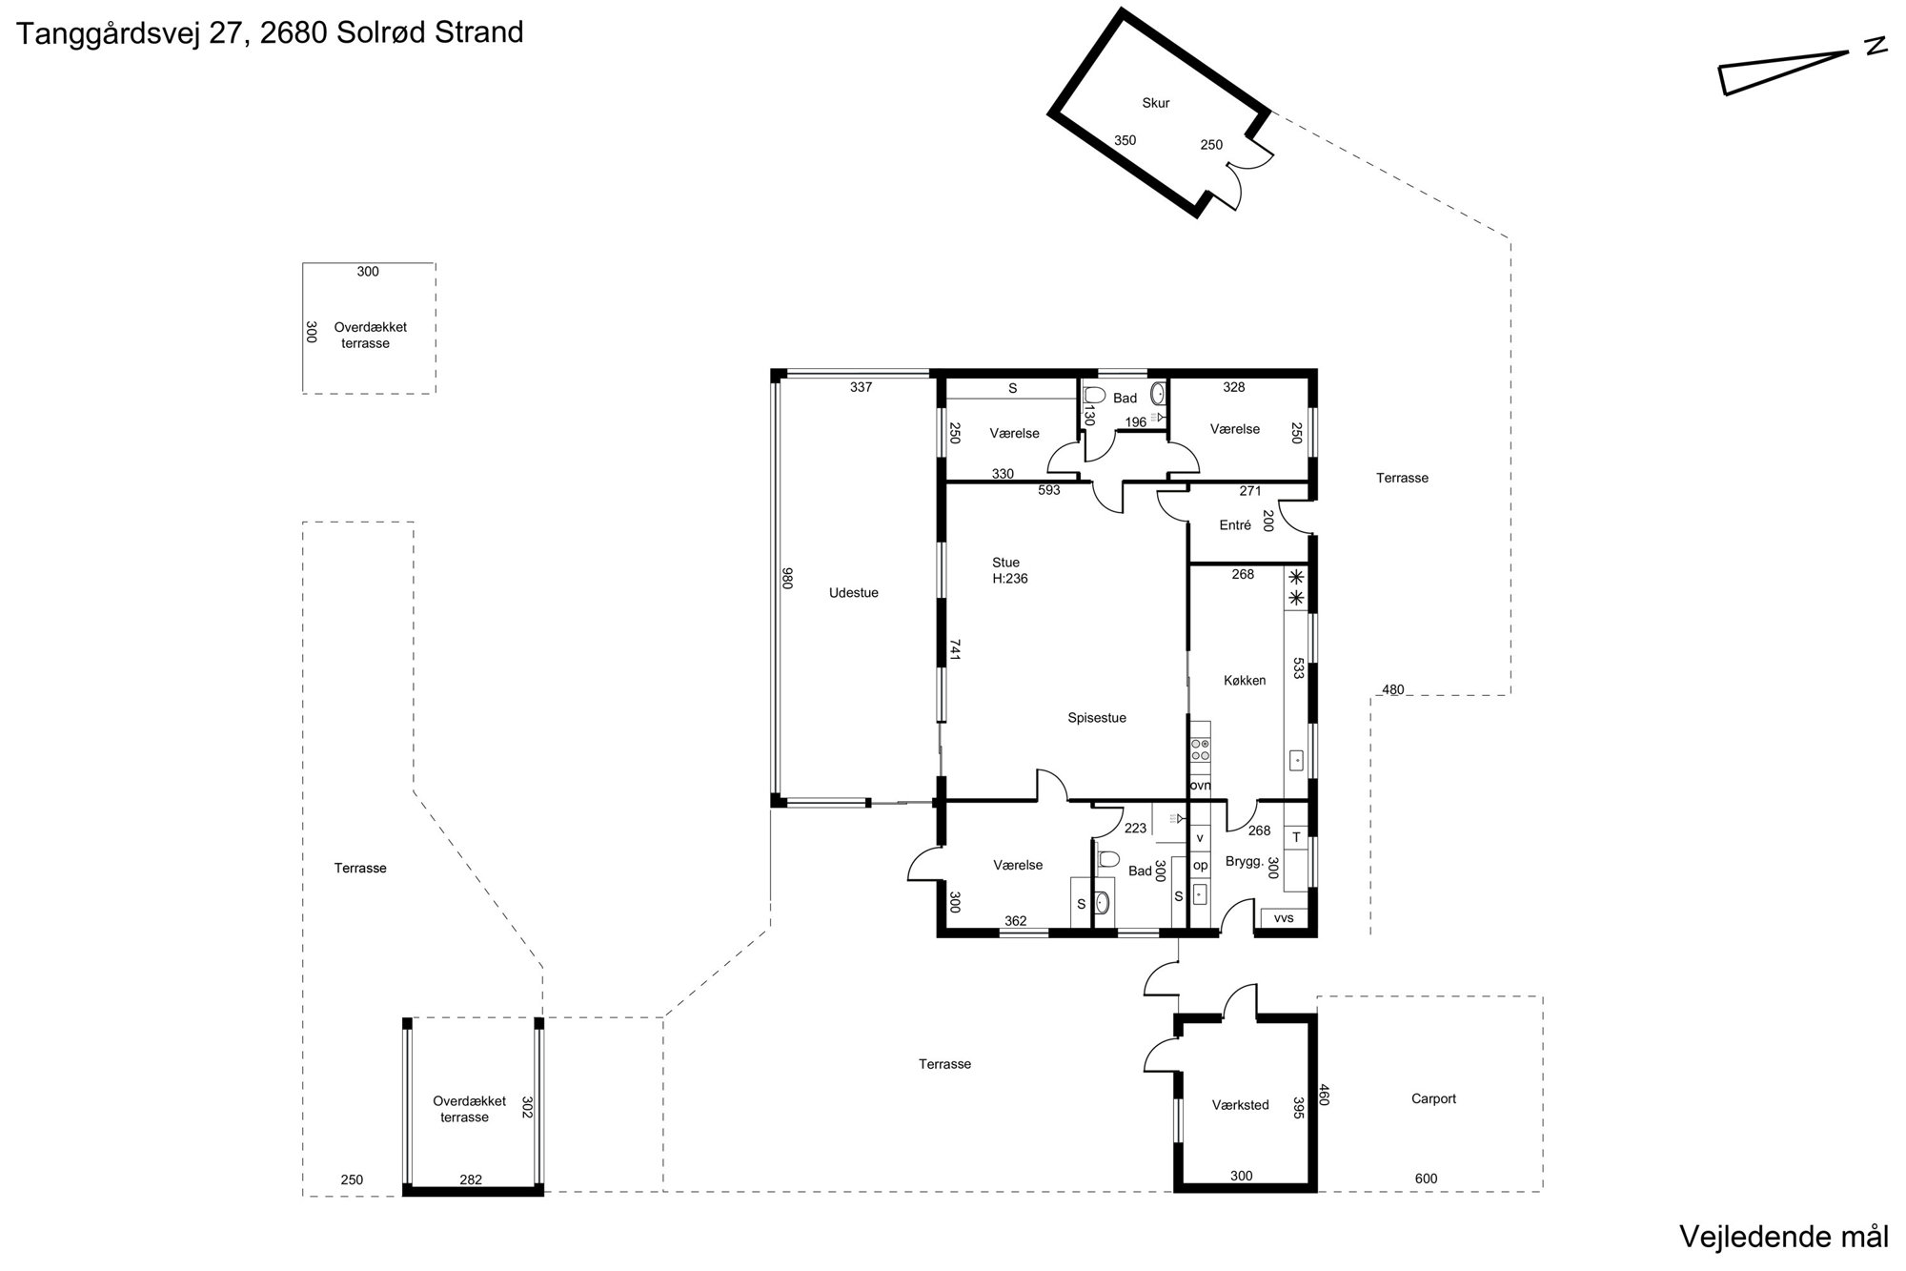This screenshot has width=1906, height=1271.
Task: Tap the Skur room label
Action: pyautogui.click(x=1155, y=103)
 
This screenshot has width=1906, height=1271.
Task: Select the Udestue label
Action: pyautogui.click(x=854, y=593)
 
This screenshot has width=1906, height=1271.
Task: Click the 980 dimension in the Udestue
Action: pyautogui.click(x=787, y=579)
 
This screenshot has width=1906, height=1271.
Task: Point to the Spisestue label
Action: pyautogui.click(x=1097, y=718)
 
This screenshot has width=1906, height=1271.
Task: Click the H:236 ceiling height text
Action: pyautogui.click(x=1010, y=578)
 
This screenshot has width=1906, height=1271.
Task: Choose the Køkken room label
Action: pyautogui.click(x=1245, y=681)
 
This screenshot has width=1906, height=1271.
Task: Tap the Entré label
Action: pyautogui.click(x=1235, y=525)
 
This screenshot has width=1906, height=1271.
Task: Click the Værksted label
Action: pyautogui.click(x=1241, y=1105)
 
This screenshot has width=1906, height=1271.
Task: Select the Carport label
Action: pyautogui.click(x=1433, y=1098)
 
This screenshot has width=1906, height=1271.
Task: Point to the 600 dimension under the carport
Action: pyautogui.click(x=1426, y=1179)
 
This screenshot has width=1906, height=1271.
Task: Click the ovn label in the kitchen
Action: pyautogui.click(x=1200, y=786)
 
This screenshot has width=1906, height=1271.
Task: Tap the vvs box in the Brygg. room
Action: pyautogui.click(x=1284, y=918)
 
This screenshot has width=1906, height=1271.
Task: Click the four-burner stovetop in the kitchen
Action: pyautogui.click(x=1200, y=749)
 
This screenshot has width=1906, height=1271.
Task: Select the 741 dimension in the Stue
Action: pyautogui.click(x=954, y=650)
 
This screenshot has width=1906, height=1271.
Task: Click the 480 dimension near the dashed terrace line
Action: pyautogui.click(x=1393, y=690)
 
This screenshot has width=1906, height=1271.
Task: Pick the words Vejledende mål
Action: pyautogui.click(x=1783, y=1237)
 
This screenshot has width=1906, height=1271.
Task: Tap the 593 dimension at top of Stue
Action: pyautogui.click(x=1049, y=491)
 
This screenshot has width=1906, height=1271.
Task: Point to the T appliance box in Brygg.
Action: pyautogui.click(x=1296, y=838)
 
